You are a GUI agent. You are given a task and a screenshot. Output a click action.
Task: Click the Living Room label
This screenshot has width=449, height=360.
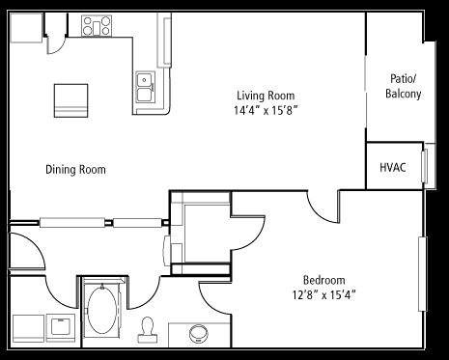(266, 96)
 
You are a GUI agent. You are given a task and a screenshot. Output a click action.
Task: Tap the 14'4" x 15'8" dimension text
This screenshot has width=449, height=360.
(266, 110)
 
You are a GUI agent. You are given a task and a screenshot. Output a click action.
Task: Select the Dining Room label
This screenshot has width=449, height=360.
(75, 170)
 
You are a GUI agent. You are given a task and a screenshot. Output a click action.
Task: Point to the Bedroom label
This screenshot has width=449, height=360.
(324, 280)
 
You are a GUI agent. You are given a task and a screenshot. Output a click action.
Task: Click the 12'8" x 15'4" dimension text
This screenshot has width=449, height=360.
(324, 294)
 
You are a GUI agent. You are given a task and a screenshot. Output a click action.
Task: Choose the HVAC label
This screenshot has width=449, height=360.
(393, 168)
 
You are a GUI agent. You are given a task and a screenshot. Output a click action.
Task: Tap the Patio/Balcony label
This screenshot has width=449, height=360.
(404, 86)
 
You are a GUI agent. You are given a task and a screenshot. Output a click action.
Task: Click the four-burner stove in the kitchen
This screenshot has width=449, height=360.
(97, 26)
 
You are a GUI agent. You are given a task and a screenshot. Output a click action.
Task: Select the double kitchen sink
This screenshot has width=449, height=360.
(145, 87)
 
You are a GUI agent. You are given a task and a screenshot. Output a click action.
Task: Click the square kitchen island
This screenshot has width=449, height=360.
(70, 100)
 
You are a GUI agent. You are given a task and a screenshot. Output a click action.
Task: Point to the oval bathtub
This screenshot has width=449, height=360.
(102, 310)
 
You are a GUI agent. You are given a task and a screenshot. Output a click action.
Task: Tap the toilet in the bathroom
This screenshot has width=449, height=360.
(148, 330)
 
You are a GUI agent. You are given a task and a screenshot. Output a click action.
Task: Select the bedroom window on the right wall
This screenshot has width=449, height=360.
(423, 274)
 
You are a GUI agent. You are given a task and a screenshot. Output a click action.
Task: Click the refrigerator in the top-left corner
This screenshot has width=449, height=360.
(26, 28)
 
